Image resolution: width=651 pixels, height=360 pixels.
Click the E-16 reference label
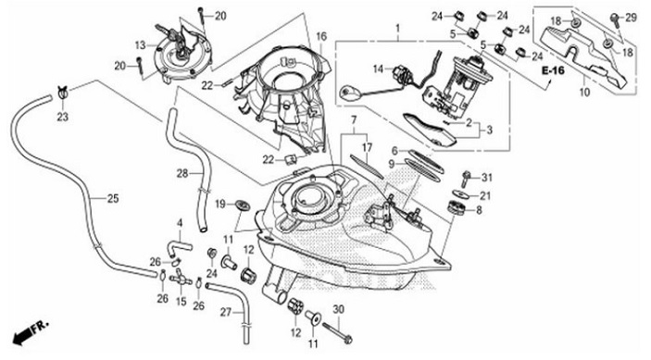click(554, 71)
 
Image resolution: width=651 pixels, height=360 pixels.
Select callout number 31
click(487, 178)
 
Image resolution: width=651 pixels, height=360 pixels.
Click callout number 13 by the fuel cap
click(141, 45)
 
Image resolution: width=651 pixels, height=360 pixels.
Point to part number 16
click(321, 36)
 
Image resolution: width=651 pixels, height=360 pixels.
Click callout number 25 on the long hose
click(113, 198)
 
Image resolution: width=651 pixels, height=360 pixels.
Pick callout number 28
click(182, 173)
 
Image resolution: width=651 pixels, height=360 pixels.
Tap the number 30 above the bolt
click(339, 309)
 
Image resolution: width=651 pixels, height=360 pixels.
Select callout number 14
click(378, 68)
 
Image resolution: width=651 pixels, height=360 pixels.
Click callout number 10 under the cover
click(584, 92)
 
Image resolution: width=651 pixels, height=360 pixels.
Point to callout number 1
click(398, 29)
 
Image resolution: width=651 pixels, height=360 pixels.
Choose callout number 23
click(62, 117)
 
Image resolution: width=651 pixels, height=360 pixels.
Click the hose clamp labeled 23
click(63, 92)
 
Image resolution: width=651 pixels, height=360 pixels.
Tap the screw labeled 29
click(615, 19)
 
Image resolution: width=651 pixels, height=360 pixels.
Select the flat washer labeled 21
click(459, 193)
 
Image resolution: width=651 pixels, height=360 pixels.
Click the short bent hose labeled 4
click(179, 246)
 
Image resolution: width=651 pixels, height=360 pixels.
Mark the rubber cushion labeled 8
click(456, 207)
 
